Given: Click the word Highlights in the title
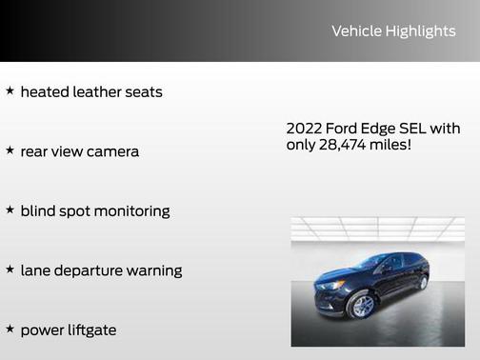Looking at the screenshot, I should tap(420, 31).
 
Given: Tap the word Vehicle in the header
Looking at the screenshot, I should tap(356, 31).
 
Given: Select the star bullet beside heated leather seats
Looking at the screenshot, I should tap(10, 91).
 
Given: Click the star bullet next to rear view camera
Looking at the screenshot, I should tap(10, 150).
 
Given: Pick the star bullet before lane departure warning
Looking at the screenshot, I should tap(10, 270).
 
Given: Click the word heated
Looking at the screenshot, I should tap(45, 92).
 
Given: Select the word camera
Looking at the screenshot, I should tap(112, 151).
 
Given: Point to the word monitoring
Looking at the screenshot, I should tap(133, 211).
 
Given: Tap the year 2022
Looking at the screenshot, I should tap(305, 128).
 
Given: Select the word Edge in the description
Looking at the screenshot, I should tap(378, 128).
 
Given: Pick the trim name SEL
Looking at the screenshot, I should tap(413, 128).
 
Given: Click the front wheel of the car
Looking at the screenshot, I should tap(362, 305).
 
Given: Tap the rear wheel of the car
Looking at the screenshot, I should tap(423, 283).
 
